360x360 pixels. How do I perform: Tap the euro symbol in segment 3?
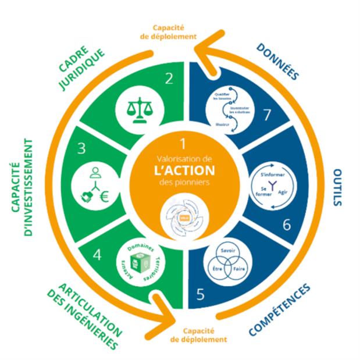pos(105,197)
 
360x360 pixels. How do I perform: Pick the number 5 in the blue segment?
pos(201,294)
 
